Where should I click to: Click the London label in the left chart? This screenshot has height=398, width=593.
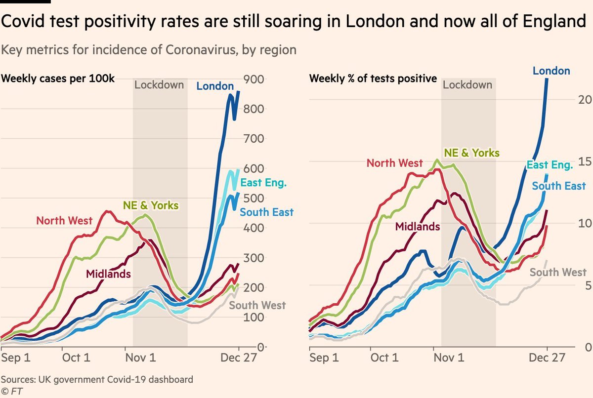215,86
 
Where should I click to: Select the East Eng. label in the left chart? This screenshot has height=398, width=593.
263,183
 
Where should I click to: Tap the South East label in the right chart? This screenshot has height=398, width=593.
558,186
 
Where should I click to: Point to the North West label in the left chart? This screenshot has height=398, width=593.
64,220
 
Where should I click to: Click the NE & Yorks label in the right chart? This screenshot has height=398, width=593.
472,153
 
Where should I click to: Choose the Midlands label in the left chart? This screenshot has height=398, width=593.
108,274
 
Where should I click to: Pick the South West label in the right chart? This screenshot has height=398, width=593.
558,272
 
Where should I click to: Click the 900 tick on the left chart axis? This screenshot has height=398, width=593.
253,79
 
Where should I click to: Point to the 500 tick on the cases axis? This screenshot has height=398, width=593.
253,198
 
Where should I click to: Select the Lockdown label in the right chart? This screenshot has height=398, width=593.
467,84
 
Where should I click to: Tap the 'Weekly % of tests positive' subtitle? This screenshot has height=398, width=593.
373,78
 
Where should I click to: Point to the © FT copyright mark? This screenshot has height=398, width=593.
12,391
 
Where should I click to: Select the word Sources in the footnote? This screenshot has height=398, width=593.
19,380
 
